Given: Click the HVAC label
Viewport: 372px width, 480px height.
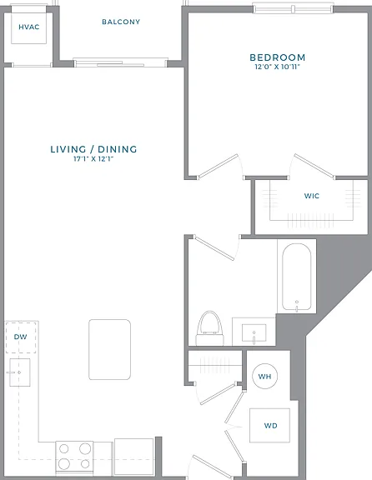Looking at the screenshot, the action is (x=29, y=27).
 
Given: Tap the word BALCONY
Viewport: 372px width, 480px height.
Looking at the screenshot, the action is (x=121, y=22).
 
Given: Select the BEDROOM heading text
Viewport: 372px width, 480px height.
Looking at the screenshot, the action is (x=277, y=57).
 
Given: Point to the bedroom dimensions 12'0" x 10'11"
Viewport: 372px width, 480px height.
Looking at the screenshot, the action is (x=277, y=67).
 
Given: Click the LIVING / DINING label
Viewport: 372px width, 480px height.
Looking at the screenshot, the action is (x=93, y=149).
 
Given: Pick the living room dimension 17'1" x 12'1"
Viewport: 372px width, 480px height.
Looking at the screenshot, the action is (x=93, y=158).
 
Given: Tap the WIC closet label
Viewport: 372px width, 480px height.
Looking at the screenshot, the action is (x=312, y=196).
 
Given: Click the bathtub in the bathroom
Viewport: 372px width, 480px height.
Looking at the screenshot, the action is (x=297, y=277).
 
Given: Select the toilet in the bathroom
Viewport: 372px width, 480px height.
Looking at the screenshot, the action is (x=210, y=328).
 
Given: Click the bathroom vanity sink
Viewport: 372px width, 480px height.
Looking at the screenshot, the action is (x=254, y=333).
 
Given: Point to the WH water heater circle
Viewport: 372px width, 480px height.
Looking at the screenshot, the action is (x=264, y=376).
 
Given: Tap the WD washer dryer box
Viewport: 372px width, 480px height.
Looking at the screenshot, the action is (x=269, y=426).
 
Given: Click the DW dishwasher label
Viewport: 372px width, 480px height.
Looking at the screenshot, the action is (x=21, y=337).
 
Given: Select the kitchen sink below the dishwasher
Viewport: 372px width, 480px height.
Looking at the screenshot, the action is (x=20, y=372).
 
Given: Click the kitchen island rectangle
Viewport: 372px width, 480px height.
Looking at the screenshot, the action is (x=110, y=350).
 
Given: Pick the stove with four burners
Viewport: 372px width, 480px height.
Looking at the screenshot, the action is (x=74, y=457).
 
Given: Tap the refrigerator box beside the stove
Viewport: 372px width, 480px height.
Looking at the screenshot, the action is (x=134, y=457).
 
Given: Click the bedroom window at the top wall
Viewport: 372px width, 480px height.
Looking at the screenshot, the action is (x=294, y=9).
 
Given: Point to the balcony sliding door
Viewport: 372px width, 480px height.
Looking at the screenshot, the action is (x=121, y=63).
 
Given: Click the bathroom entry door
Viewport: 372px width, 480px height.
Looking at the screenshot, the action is (x=214, y=248).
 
